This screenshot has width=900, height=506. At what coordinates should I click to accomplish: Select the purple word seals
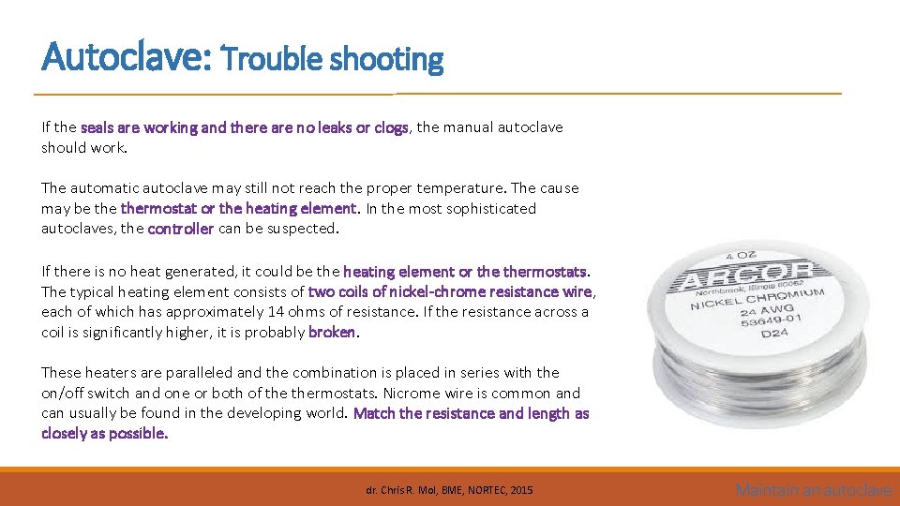[x=98, y=127]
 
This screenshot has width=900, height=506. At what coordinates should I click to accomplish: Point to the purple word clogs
[x=391, y=127]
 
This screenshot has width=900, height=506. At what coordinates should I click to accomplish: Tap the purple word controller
[x=181, y=229]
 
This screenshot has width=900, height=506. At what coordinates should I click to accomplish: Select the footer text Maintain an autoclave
[x=813, y=489]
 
